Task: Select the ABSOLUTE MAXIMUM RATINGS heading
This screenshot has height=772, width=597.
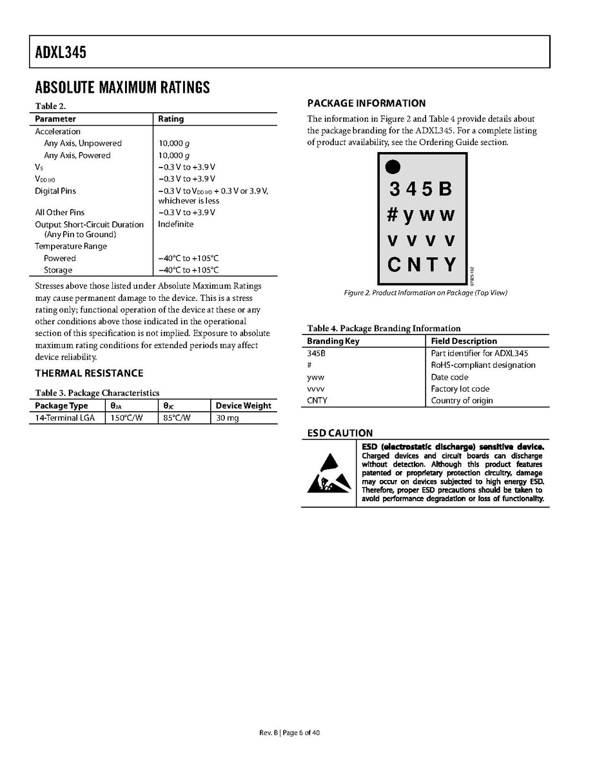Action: pos(122,88)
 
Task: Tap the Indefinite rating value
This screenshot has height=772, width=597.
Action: pos(175,224)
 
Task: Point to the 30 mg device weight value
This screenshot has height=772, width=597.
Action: pos(227,418)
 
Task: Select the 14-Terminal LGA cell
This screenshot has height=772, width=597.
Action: pos(64,418)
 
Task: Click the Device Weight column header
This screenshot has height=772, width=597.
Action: pos(243,405)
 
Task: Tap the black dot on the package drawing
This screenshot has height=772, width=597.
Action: pos(393,167)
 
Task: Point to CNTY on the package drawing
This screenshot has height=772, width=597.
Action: pos(422,264)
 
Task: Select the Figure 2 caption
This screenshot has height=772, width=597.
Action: pos(426,293)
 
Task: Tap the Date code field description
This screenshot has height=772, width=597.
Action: pos(449,377)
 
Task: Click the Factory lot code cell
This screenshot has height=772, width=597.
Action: pos(460,389)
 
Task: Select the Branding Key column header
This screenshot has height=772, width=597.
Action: pos(333,341)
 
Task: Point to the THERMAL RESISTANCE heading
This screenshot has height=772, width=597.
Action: pos(89,373)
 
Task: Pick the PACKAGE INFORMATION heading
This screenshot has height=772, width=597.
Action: pos(366,103)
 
